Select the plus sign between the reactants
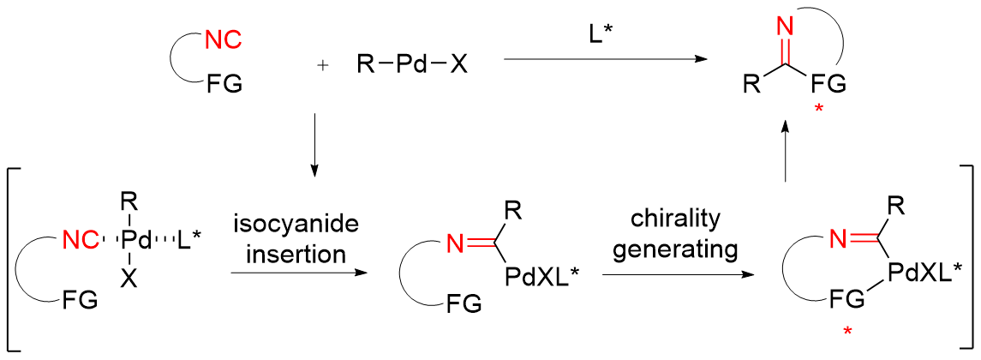(x=322, y=66)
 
